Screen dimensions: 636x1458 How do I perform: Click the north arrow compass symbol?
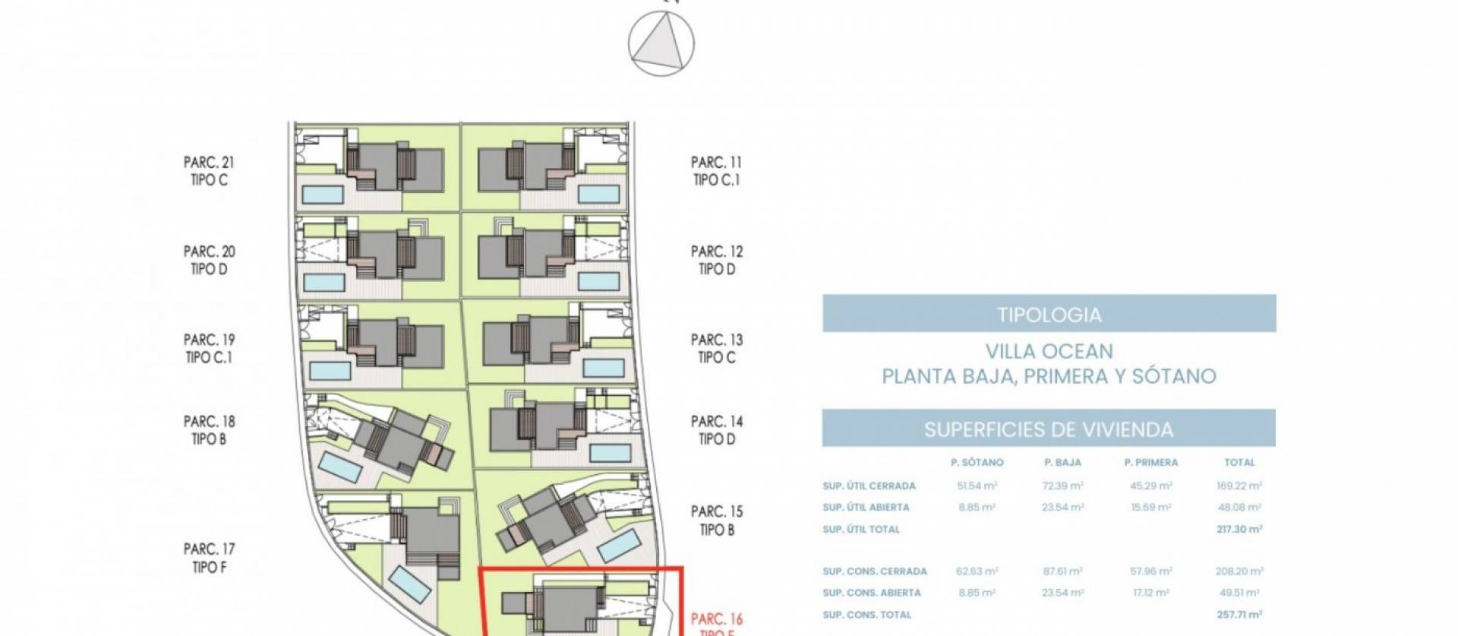(x=661, y=44)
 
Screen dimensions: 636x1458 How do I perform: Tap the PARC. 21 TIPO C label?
(x=208, y=171)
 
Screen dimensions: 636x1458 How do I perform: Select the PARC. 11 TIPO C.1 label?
(x=716, y=171)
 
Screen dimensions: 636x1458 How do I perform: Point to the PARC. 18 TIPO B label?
(x=208, y=430)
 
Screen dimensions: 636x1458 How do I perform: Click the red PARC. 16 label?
(x=716, y=620)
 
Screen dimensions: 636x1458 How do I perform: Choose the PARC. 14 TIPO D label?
(x=716, y=430)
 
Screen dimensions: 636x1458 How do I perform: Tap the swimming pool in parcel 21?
(x=322, y=195)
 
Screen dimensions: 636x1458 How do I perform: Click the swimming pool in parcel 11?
(x=599, y=194)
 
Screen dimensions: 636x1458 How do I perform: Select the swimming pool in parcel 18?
(x=339, y=467)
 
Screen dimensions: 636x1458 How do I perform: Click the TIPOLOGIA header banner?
(x=1049, y=314)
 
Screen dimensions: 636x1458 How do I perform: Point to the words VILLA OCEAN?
(x=1049, y=351)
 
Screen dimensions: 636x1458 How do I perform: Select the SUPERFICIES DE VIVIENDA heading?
(x=1049, y=429)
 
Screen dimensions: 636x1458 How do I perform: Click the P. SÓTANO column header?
(x=977, y=462)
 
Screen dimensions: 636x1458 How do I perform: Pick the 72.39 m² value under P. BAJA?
(x=1062, y=486)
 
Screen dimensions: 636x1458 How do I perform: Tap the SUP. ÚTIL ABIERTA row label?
(x=866, y=507)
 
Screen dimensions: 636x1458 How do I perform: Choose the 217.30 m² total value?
(x=1239, y=529)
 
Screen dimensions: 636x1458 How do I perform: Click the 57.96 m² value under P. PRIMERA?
(x=1150, y=571)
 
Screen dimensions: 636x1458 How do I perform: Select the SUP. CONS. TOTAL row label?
(x=866, y=615)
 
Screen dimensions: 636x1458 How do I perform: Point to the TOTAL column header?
(x=1239, y=462)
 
